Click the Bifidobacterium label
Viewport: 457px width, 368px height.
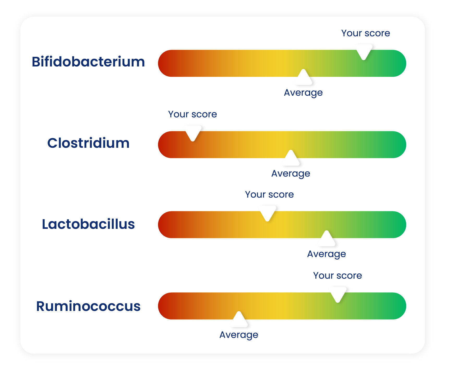(x=88, y=62)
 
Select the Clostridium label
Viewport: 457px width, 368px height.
(x=88, y=143)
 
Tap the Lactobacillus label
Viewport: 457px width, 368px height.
(x=88, y=224)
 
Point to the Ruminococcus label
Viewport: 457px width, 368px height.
(x=88, y=306)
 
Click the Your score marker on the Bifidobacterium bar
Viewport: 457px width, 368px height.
(x=364, y=51)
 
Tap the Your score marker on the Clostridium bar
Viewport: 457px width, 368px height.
(x=193, y=132)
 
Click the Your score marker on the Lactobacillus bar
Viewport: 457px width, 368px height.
(x=268, y=212)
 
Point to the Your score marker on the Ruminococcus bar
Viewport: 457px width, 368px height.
(x=338, y=294)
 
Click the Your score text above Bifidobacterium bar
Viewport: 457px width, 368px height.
(x=366, y=33)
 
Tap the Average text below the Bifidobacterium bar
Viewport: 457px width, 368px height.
(x=303, y=93)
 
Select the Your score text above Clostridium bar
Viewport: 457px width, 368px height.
(x=193, y=114)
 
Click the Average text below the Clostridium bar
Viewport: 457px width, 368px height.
(x=291, y=174)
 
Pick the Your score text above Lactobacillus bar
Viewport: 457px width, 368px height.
(x=269, y=194)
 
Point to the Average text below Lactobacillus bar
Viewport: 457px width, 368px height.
(x=327, y=254)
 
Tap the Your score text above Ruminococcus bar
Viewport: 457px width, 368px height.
(x=338, y=275)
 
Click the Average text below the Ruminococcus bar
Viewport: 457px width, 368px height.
(x=239, y=335)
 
